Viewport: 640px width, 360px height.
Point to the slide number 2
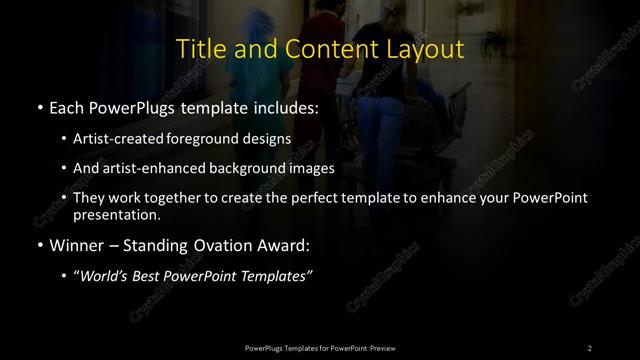[589, 347]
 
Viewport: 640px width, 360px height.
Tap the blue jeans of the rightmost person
[380, 120]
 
